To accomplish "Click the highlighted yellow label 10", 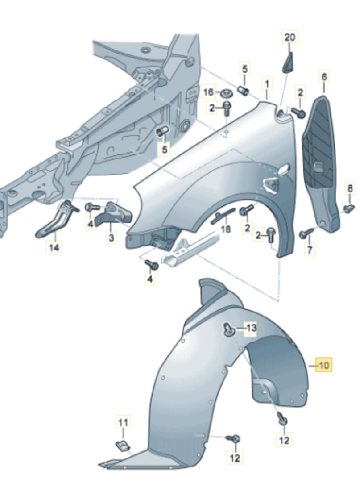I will pos(324,366).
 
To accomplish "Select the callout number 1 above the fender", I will pos(267,83).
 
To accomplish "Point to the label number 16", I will pos(208,92).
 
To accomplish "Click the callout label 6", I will pos(324,78).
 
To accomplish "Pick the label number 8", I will pos(350,187).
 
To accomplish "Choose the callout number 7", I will pos(311,249).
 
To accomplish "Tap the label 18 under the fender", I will pos(225,229).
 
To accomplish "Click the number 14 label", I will pos(54,248).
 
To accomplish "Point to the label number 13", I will pos(251,328).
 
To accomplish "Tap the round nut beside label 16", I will pos(227,93).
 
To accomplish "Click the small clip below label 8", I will pos(350,208).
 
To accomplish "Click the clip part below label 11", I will pos(121,445).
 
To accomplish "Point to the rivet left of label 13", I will pos(228,329).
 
